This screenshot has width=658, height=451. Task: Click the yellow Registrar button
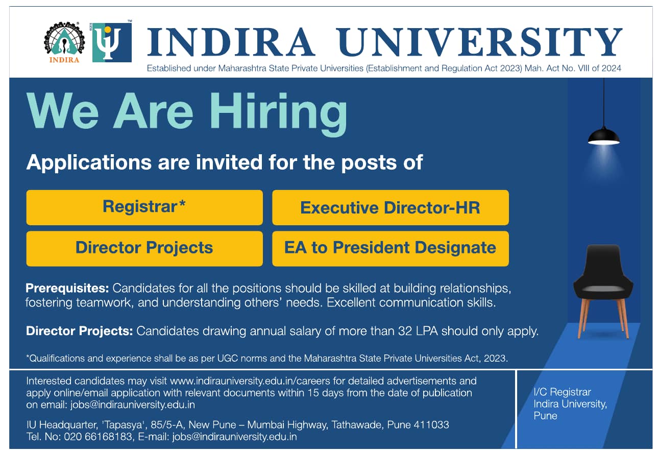(x=144, y=207)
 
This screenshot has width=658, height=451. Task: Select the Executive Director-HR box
(x=391, y=207)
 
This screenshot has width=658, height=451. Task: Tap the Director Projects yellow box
(x=144, y=249)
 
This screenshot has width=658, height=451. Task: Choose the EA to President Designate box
(x=391, y=249)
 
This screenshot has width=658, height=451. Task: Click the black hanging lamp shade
(x=604, y=137)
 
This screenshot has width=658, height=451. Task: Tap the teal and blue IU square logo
(x=112, y=42)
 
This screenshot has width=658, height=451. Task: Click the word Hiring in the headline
(x=278, y=113)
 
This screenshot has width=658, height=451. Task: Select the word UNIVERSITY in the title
(x=479, y=42)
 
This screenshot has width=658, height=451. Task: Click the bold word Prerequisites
(x=67, y=289)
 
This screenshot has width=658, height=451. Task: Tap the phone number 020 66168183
(x=98, y=437)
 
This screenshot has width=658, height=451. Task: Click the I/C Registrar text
(x=562, y=392)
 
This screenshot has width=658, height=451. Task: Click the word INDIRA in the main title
(x=231, y=42)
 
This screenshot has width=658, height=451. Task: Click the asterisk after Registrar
(x=182, y=203)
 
